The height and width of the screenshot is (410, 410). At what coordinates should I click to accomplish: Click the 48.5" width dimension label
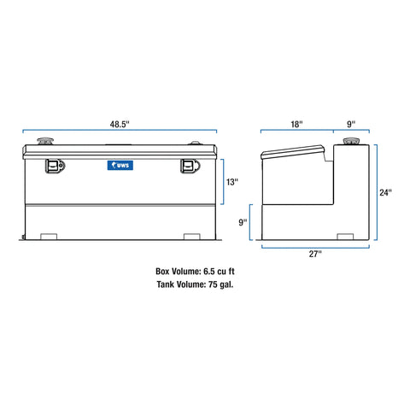(119, 124)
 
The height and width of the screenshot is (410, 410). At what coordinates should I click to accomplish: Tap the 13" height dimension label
(232, 182)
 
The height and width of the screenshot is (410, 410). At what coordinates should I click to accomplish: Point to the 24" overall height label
(386, 193)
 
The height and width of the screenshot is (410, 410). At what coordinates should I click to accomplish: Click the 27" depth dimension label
(316, 255)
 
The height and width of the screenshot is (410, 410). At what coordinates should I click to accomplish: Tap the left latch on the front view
(54, 167)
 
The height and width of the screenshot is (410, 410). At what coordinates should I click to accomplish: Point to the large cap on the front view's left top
(43, 143)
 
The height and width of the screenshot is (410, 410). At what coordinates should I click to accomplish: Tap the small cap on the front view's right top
(197, 144)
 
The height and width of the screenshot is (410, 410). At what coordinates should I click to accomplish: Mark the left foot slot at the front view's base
(50, 236)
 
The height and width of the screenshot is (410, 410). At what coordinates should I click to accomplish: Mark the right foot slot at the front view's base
(190, 236)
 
